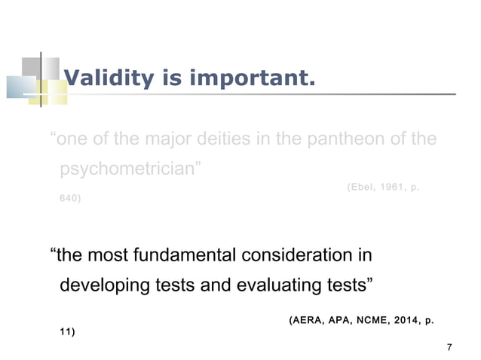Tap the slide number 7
coord(449,347)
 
